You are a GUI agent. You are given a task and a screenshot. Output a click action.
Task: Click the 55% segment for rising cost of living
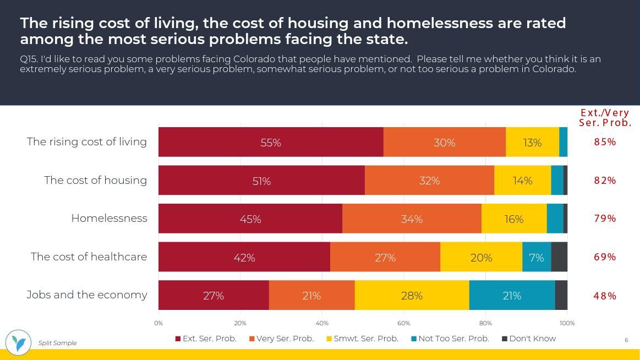pos(271,142)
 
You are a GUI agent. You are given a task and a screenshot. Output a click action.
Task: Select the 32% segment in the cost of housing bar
pos(429,181)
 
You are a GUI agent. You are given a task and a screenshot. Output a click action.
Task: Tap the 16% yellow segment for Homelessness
pos(514,219)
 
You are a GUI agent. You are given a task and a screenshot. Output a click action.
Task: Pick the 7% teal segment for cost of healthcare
pos(537,257)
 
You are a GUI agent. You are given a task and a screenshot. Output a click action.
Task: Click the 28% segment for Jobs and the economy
pos(412,296)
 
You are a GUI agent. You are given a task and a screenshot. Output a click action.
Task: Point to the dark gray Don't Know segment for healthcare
pos(559,257)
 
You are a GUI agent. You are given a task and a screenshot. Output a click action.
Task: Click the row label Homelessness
pos(109,218)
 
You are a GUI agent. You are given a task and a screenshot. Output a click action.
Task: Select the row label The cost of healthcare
pos(89,257)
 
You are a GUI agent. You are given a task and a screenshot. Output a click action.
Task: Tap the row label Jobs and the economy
pos(87,294)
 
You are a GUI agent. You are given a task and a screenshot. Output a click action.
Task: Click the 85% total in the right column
pos(605,142)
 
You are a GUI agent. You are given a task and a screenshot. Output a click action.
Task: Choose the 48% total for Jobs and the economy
pos(605,296)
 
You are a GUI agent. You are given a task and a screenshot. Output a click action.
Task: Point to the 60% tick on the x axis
pos(403,323)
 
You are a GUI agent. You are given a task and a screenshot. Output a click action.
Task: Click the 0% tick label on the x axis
pos(158,323)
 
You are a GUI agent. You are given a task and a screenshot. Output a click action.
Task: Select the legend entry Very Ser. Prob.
pos(281,339)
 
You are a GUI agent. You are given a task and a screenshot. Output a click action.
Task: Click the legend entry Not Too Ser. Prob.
pos(450,339)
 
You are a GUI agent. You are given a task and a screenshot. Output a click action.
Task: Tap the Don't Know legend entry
pos(529,339)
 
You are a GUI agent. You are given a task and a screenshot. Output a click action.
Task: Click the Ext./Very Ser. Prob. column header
pos(605,118)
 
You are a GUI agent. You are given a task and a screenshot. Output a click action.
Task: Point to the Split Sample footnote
pos(57,343)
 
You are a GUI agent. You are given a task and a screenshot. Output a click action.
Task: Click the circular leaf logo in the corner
pos(18,342)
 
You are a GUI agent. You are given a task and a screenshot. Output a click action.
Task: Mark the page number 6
pos(626,340)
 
